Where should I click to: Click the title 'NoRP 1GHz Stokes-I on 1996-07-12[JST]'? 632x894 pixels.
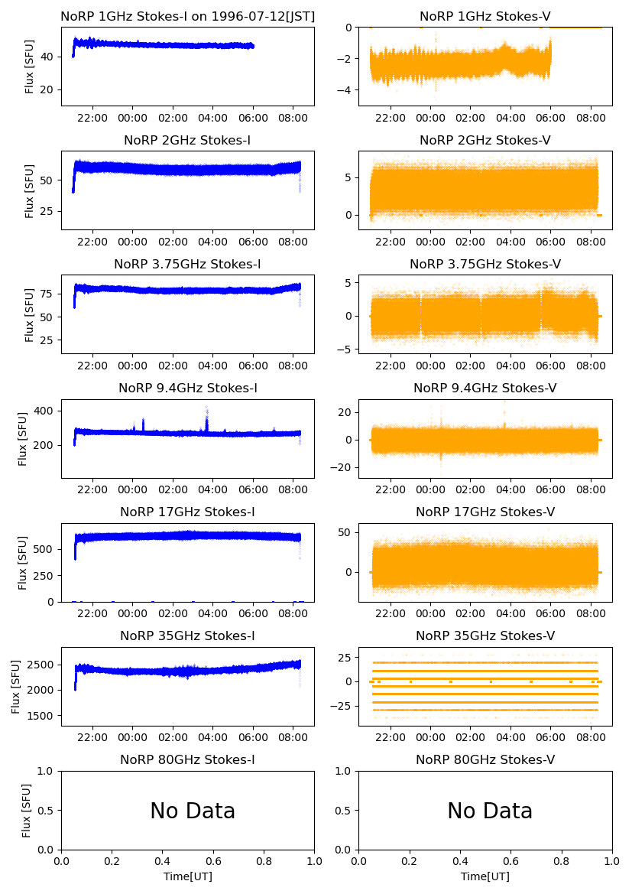coord(187,16)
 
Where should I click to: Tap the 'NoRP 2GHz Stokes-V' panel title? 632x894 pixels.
coord(485,140)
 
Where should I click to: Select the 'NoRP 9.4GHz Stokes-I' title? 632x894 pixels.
coord(187,388)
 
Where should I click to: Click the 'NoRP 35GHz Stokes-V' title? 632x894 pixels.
coord(485,636)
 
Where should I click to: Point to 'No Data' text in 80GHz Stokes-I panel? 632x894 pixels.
coord(193,811)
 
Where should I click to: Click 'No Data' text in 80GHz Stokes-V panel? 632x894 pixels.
coord(489,811)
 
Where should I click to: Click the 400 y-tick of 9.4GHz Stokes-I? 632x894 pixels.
coord(46,411)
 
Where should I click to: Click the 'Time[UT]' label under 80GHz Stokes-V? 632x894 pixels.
coord(485,876)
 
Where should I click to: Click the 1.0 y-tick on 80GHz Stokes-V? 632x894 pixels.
coord(345,771)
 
